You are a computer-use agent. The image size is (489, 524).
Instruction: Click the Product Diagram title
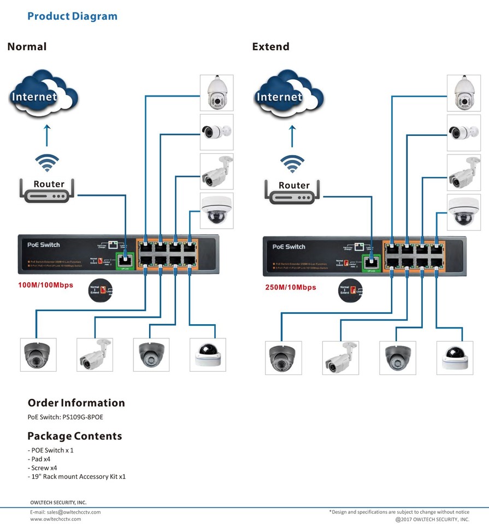click(x=72, y=16)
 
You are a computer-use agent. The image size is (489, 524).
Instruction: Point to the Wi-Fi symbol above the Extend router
click(x=292, y=163)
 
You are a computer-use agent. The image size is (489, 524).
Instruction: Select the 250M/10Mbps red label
click(x=291, y=287)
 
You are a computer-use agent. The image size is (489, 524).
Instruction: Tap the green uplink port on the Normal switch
click(x=126, y=259)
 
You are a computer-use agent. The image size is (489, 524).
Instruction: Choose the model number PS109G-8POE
click(x=83, y=417)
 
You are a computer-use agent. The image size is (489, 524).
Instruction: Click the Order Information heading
click(x=76, y=403)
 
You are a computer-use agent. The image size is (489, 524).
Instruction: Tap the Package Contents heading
click(x=74, y=436)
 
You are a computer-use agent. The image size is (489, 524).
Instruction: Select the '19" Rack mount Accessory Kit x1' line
click(x=77, y=477)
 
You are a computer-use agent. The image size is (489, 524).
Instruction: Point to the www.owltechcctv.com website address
click(x=55, y=519)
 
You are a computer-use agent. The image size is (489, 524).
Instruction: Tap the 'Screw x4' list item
click(x=42, y=468)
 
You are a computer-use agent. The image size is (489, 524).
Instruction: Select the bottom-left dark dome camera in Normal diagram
click(x=38, y=355)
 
